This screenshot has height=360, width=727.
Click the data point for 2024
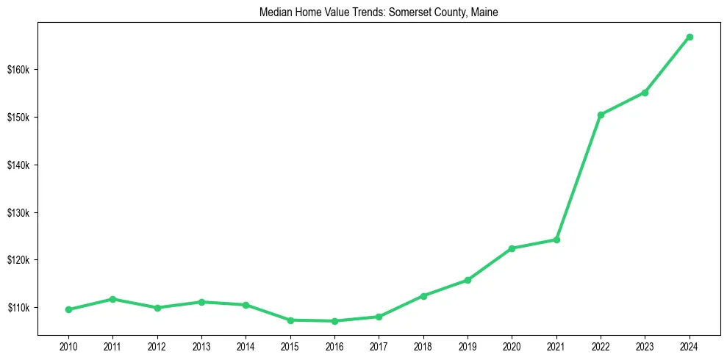pos(690,37)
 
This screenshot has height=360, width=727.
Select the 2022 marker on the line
pos(601,115)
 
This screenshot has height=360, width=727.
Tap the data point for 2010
pos(68,309)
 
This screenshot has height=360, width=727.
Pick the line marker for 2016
pos(334,321)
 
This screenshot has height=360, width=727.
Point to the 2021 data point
pos(556,240)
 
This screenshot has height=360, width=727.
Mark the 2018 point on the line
pos(423,296)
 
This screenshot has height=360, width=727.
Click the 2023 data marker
pos(645,93)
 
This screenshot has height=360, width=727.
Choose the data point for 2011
pos(112,299)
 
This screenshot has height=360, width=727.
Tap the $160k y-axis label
pos(18,70)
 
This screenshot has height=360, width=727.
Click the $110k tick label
pos(18,308)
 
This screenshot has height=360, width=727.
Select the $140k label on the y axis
pos(18,165)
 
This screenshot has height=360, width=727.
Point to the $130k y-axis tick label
pos(18,213)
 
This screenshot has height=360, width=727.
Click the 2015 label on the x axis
pos(290,345)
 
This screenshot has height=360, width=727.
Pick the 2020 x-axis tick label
pos(512,345)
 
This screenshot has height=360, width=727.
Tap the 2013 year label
pos(201,345)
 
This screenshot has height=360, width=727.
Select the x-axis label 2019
pos(468,345)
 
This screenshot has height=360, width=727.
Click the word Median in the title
pos(275,12)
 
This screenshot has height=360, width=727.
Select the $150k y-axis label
pos(18,118)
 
